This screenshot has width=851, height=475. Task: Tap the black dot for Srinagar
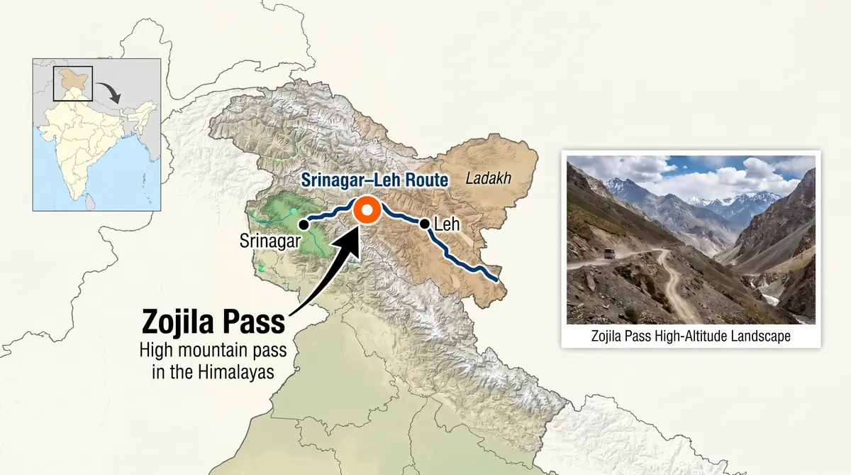(x=303, y=224)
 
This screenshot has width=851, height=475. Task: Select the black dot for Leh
(x=424, y=224)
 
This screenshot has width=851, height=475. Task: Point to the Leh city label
(x=447, y=225)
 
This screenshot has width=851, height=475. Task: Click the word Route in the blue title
(x=423, y=180)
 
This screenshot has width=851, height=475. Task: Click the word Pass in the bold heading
(x=255, y=322)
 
